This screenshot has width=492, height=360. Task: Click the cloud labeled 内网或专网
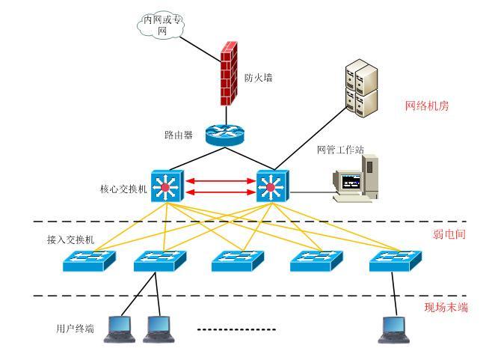point(162,25)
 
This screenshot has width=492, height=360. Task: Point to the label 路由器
point(179,135)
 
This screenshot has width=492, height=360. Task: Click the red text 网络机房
point(426,106)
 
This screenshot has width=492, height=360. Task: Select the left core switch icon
point(164,185)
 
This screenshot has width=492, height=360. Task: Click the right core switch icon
point(271,185)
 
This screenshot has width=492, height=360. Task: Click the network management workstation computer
point(356,178)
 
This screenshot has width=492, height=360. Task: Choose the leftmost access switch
point(89,260)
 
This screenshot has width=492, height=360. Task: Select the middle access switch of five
point(237,260)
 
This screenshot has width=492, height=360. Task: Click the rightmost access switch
point(394,260)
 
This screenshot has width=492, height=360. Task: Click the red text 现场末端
point(446,307)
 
